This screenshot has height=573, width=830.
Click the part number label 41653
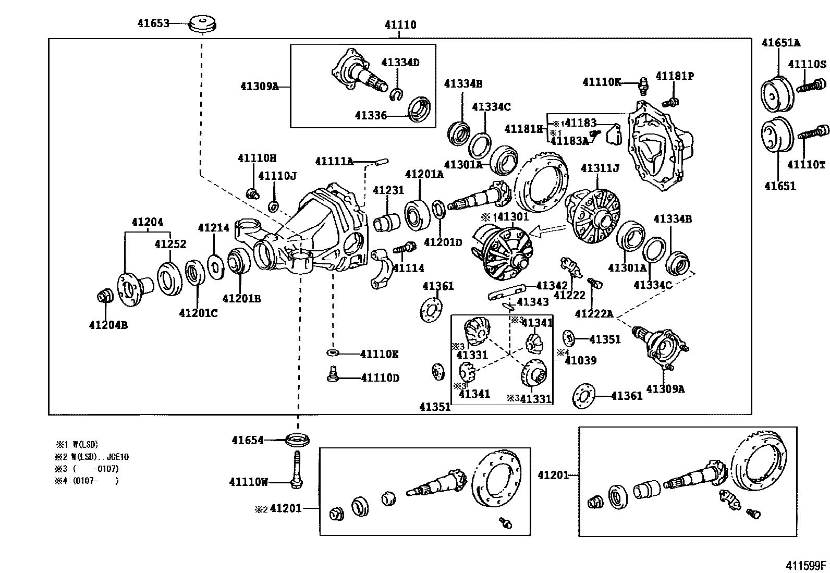point(153,23)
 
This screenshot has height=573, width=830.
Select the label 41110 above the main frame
point(400,25)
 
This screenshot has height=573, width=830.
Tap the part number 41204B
point(108,325)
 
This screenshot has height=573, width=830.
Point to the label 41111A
point(334,162)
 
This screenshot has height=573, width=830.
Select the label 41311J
point(600,168)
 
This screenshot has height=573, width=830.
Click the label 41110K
point(602,82)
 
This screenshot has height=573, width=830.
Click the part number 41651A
point(780,43)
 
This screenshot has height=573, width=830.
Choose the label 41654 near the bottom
point(248,440)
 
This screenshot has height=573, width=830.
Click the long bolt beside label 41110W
point(296,469)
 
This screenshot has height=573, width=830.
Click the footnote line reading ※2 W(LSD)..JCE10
point(92,457)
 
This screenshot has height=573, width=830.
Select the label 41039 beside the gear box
point(581,360)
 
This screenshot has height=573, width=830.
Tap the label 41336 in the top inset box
point(371,115)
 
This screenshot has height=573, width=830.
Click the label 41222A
point(594,313)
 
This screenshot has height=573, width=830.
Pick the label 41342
point(552,285)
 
